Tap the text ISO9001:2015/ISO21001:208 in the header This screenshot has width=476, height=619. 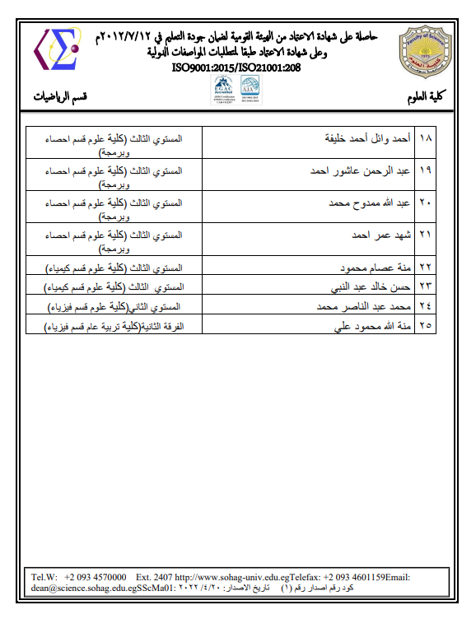point(238,67)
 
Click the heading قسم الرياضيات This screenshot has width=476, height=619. point(60,98)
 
